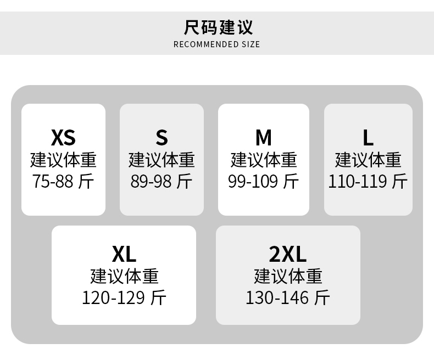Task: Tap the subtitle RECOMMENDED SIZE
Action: click(216, 44)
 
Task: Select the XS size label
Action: click(63, 137)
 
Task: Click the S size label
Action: click(162, 137)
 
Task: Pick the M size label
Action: click(264, 137)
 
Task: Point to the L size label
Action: click(368, 137)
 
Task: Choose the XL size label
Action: click(124, 254)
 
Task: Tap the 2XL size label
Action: click(288, 254)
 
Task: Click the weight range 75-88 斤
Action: click(63, 181)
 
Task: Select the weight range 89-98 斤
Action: click(162, 181)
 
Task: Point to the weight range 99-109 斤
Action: click(264, 181)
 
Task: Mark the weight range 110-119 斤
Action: click(368, 181)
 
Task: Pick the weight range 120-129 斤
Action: click(124, 297)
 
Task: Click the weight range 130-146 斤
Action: click(288, 297)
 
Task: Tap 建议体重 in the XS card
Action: click(63, 160)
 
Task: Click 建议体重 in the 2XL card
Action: click(288, 276)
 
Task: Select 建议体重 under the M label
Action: click(264, 160)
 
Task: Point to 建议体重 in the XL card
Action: click(124, 276)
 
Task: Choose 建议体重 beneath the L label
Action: click(368, 160)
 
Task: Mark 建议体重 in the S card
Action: click(162, 160)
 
